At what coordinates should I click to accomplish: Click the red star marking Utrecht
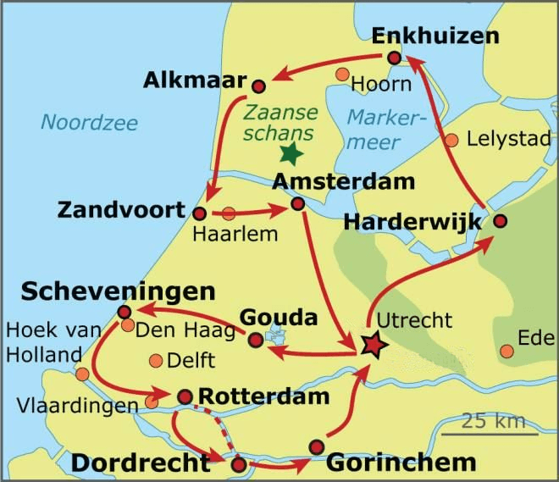click(371, 345)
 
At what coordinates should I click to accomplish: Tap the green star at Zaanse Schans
click(291, 153)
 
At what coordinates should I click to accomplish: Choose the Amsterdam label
click(331, 182)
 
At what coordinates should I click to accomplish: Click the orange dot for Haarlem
click(229, 213)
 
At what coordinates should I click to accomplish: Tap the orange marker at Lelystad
click(452, 140)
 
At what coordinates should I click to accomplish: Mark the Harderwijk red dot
click(500, 221)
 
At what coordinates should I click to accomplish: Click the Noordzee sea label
click(89, 123)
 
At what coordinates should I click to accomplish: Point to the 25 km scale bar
click(494, 435)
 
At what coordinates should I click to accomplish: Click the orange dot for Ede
click(507, 350)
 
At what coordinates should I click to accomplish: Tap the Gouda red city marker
click(255, 340)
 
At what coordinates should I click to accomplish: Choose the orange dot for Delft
click(156, 361)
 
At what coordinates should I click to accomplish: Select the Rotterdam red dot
click(185, 396)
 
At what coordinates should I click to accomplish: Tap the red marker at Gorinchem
click(317, 446)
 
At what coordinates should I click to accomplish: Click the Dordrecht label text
click(141, 463)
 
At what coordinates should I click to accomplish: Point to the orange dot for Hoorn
click(342, 75)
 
